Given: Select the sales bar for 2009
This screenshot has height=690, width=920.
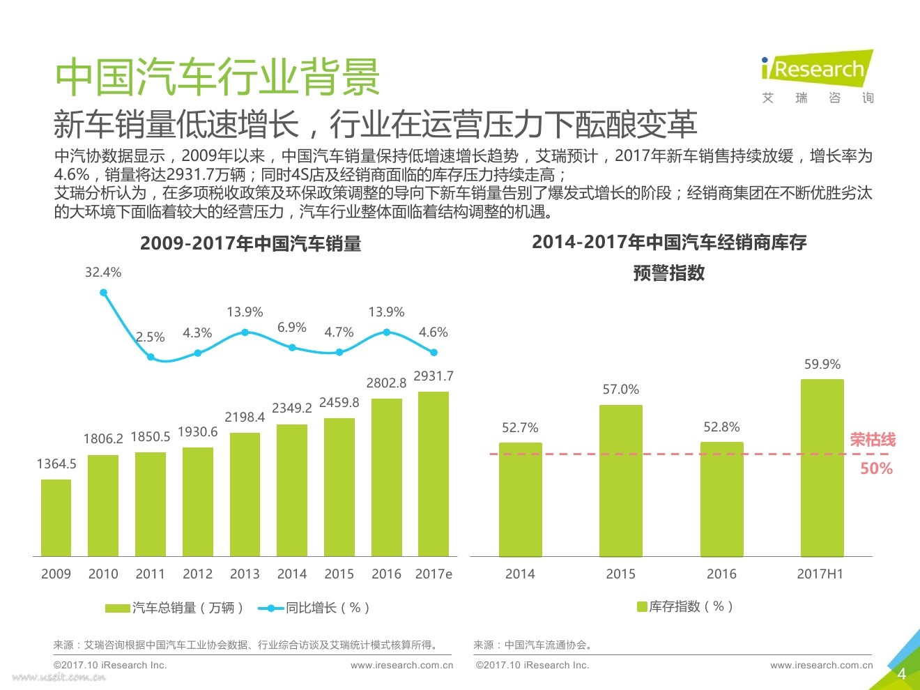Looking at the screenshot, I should (56, 517).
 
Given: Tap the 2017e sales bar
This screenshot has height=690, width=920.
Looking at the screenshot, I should (434, 474).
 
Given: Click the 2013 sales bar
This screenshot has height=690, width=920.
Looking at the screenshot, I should (245, 494).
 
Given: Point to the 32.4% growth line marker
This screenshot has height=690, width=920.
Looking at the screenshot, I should (104, 293).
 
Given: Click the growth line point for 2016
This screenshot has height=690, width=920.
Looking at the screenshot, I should (387, 332).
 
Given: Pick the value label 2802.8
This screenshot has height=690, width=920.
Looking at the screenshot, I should (386, 383).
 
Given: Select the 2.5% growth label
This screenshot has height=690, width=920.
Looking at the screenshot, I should (150, 337).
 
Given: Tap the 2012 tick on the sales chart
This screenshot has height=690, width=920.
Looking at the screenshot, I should (197, 574).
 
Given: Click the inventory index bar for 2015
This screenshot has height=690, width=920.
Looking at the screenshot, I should (620, 480).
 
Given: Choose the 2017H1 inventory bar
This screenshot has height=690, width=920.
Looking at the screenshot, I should (822, 468).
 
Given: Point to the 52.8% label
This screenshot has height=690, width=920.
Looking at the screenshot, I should (721, 427).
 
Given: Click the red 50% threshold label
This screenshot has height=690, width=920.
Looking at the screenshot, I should (876, 468).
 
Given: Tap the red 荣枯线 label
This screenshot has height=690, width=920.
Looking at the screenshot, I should (873, 440).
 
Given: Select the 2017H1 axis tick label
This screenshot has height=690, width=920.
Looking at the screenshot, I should (820, 574).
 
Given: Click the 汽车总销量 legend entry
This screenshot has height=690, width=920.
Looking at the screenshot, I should (174, 608).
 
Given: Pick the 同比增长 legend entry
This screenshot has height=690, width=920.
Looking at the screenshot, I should (314, 608).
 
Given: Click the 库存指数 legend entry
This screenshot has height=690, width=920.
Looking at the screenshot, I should (684, 606).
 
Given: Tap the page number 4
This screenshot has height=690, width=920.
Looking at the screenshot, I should (901, 673).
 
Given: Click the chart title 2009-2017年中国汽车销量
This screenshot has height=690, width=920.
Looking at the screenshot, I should (250, 243).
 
